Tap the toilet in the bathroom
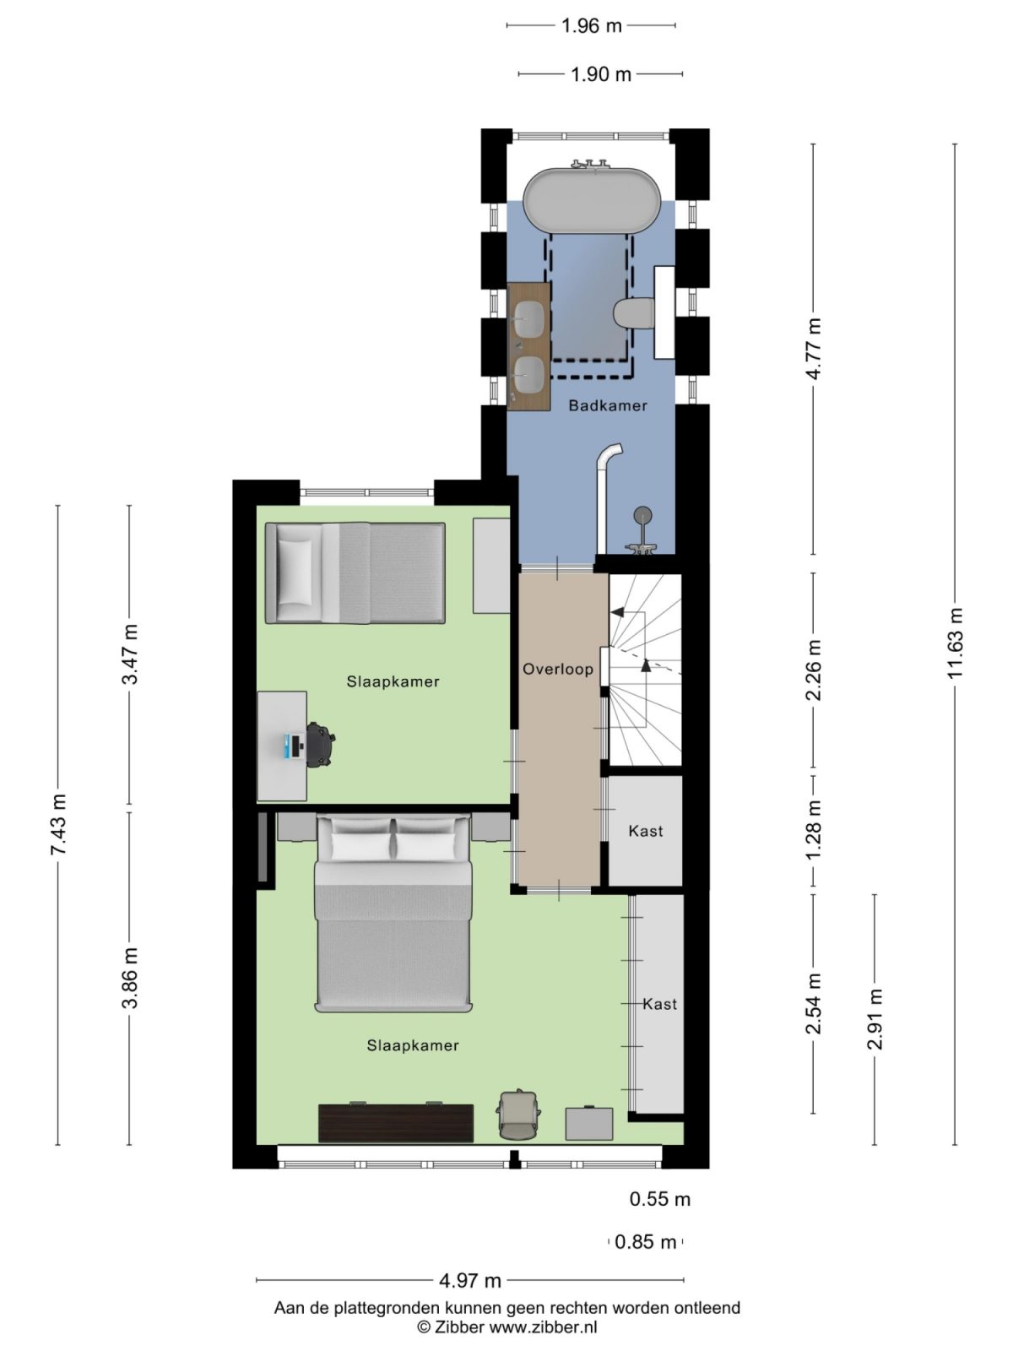635,314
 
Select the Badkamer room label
607,405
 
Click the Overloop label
558,669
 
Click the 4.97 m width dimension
470,1280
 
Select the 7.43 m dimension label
58,824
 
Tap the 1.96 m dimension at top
591,25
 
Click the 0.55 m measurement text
660,1199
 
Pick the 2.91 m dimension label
875,1018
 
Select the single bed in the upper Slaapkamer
355,572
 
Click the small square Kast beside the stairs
646,831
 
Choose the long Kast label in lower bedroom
659,1004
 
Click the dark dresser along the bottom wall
395,1122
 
